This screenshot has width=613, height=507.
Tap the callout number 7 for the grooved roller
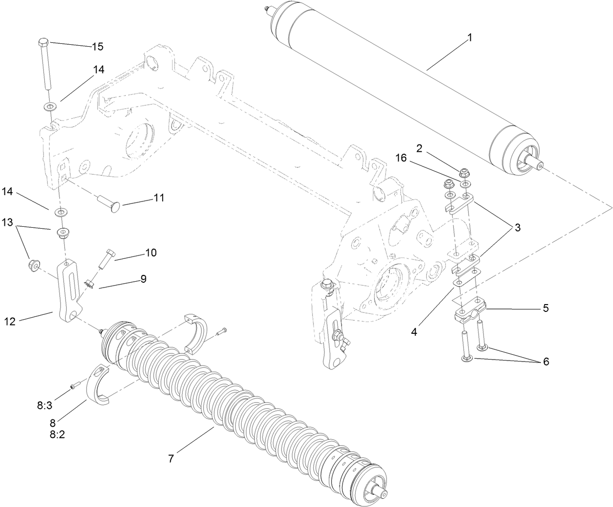tap(171, 458)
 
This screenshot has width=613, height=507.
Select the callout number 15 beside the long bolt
tap(97, 47)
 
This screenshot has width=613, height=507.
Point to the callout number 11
tap(159, 198)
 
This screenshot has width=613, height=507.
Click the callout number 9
tap(143, 279)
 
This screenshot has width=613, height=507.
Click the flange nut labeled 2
tap(465, 173)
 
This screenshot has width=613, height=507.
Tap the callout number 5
tap(546, 308)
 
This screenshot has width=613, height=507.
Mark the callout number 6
tap(546, 362)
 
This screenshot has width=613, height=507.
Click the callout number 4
tap(414, 332)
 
